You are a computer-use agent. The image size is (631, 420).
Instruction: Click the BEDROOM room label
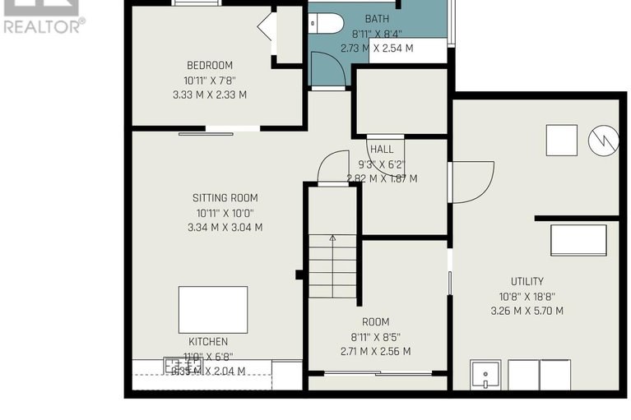click(x=209, y=65)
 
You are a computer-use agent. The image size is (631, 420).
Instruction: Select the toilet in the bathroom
click(x=326, y=23)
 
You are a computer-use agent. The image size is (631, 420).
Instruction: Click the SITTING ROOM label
click(x=225, y=197)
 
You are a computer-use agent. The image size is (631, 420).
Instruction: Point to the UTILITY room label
click(x=527, y=281)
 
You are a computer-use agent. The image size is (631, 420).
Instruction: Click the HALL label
click(x=382, y=150)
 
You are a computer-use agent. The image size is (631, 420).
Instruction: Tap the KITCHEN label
click(x=208, y=341)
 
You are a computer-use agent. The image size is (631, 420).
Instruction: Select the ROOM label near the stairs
click(x=375, y=321)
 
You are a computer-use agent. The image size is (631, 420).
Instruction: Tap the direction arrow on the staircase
click(x=332, y=239)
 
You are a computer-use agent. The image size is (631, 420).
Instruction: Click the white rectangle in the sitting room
click(x=212, y=309)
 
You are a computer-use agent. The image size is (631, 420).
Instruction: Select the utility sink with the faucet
click(x=485, y=375)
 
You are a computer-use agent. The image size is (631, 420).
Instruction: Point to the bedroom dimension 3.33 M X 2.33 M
click(x=209, y=95)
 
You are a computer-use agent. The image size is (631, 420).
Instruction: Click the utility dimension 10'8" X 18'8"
click(x=527, y=296)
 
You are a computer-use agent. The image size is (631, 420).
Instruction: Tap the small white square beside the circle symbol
click(x=562, y=140)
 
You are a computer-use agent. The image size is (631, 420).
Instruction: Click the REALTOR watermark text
click(x=43, y=25)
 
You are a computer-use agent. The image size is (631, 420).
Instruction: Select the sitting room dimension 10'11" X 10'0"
click(x=225, y=213)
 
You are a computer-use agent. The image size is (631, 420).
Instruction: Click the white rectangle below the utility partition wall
click(x=578, y=240)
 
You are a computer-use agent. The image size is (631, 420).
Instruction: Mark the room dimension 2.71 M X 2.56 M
click(x=375, y=351)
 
